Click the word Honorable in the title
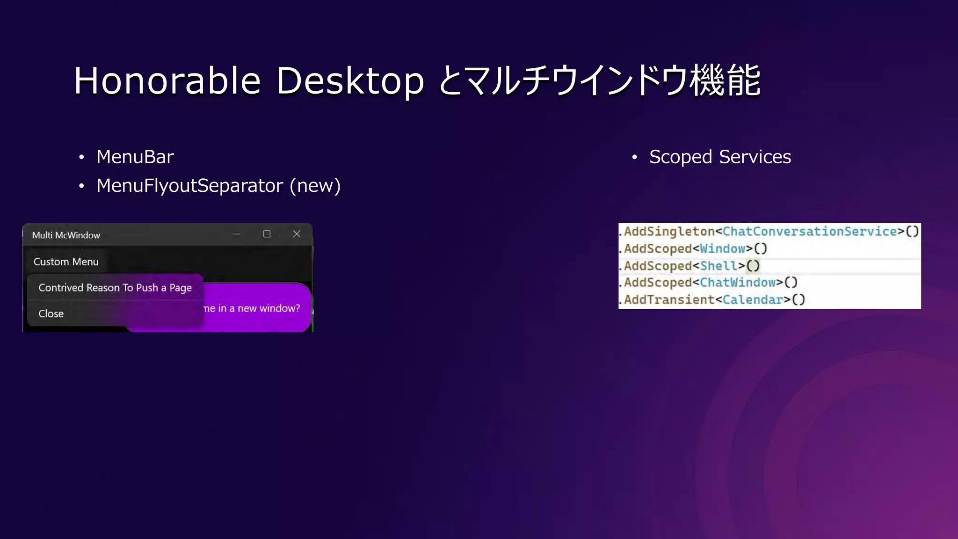pyautogui.click(x=167, y=80)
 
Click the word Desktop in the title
pyautogui.click(x=350, y=80)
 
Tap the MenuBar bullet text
pyautogui.click(x=135, y=157)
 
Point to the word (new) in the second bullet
pyautogui.click(x=315, y=186)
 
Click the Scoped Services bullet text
pyautogui.click(x=720, y=157)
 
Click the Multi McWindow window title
pyautogui.click(x=66, y=235)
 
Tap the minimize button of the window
pyautogui.click(x=237, y=234)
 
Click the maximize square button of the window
pyautogui.click(x=267, y=234)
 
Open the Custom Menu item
pyautogui.click(x=66, y=262)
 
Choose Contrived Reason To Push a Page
pyautogui.click(x=115, y=288)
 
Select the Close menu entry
pyautogui.click(x=51, y=313)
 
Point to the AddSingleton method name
pyautogui.click(x=669, y=231)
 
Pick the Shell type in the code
pyautogui.click(x=718, y=266)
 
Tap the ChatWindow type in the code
pyautogui.click(x=738, y=283)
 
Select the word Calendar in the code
pyautogui.click(x=753, y=299)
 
